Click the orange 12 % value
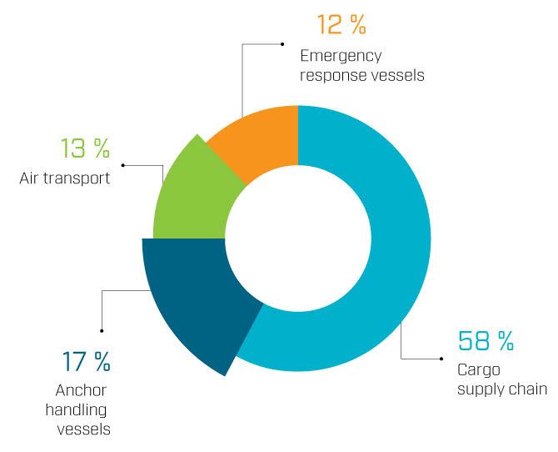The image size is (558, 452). tap(341, 24)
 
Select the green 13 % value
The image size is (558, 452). tap(85, 148)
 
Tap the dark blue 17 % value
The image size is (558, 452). tap(86, 361)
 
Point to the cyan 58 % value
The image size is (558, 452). tap(486, 341)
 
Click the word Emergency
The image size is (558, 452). tap(341, 57)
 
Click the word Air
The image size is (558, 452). tap(29, 178)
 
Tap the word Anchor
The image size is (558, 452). tap(81, 390)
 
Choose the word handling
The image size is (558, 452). tap(76, 410)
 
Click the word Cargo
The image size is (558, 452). tap(479, 371)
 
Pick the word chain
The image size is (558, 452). tap(528, 389)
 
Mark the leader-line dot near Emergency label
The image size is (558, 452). tap(282, 44)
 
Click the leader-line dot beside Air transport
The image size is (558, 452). tap(123, 165)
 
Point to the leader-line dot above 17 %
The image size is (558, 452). tap(102, 331)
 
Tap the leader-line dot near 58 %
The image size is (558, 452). tap(441, 359)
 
